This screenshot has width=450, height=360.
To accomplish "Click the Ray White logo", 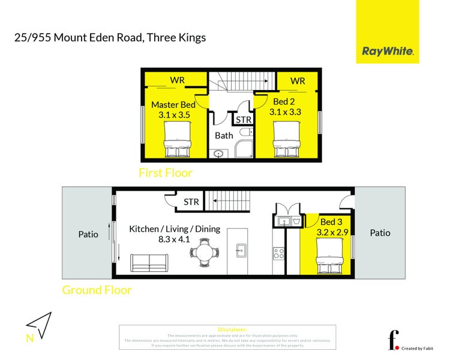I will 388,51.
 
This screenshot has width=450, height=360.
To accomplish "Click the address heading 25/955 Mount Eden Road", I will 110,38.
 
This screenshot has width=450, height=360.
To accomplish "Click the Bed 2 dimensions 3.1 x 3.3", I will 285,112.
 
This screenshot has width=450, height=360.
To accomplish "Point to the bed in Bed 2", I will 286,140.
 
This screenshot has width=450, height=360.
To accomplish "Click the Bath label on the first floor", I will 224,136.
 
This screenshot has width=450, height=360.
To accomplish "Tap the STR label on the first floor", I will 244,120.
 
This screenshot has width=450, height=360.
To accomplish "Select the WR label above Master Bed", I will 177,80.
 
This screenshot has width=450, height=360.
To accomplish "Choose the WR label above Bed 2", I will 298,80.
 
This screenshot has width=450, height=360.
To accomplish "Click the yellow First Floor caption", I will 166,173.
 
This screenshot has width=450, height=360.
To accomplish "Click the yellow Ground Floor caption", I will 97,290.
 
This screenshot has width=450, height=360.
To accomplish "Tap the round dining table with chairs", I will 205,253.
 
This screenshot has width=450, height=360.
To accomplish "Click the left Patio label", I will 88,233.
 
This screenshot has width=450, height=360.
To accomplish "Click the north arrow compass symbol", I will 38,325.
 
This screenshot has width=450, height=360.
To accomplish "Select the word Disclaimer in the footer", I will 232,329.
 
